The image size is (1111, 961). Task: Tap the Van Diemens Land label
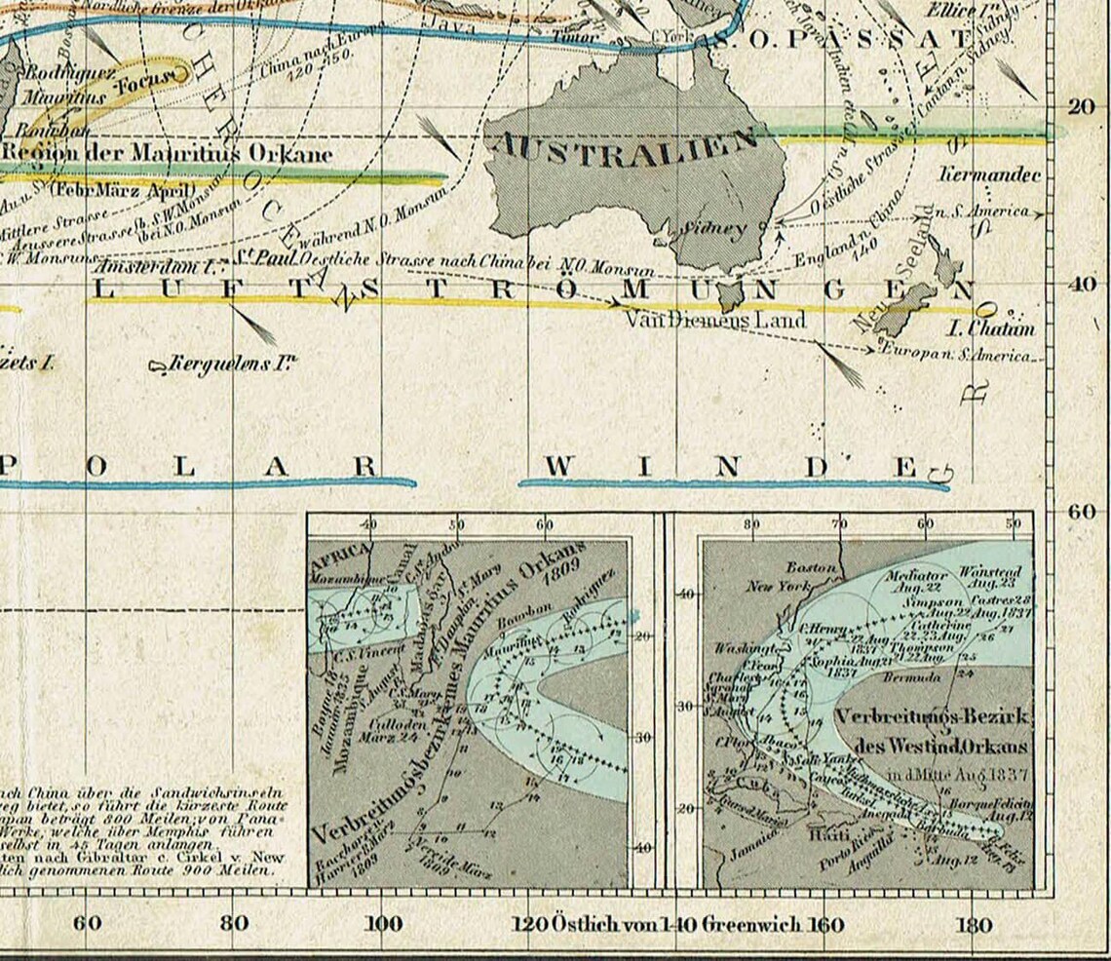714,319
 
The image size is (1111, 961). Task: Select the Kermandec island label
989,175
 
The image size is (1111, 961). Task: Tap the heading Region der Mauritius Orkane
167,154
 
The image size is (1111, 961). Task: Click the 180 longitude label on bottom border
975,924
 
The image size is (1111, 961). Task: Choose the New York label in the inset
780,586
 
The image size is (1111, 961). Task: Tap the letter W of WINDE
557,466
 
